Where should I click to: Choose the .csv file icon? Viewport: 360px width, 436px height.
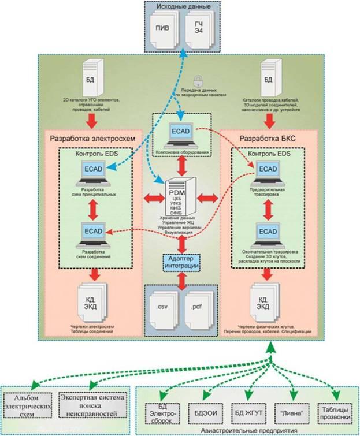pos(162,305)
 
